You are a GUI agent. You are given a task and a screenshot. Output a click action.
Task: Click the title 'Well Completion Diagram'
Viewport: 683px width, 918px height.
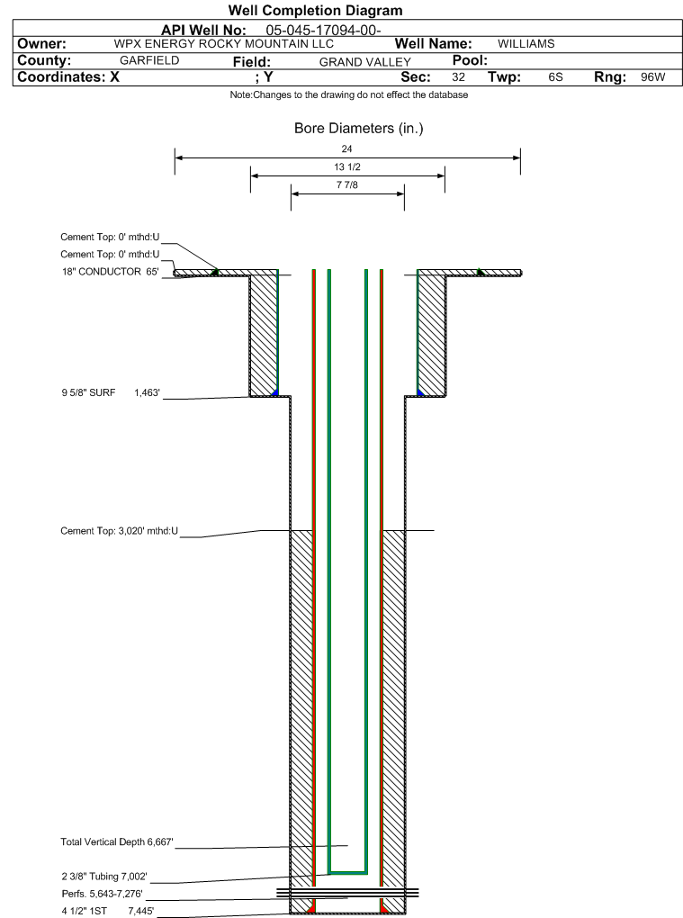point(315,11)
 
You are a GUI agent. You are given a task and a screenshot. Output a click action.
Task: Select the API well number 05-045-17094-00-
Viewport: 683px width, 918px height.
point(323,31)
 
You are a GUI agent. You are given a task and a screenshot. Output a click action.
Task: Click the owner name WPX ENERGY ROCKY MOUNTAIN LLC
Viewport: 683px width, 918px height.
point(223,44)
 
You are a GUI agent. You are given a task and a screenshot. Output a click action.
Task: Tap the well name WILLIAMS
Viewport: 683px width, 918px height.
point(526,44)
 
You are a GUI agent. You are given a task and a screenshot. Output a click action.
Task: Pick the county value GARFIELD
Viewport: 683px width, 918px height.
point(149,61)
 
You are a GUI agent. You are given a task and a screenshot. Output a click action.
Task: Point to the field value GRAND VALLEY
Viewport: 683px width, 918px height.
point(364,62)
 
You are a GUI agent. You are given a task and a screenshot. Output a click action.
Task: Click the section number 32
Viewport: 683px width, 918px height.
point(458,77)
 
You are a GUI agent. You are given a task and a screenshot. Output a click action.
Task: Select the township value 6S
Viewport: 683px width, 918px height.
point(555,77)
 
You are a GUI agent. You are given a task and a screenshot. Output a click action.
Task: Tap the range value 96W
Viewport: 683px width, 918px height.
point(652,77)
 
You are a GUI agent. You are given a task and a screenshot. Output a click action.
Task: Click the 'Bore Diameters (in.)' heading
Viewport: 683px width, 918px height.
point(358,129)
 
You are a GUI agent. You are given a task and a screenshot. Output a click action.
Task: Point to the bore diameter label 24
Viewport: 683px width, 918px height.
point(347,148)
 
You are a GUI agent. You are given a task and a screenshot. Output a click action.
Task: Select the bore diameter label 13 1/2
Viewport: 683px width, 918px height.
point(347,167)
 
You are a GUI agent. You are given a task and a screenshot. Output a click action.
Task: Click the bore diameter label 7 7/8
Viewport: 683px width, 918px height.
point(347,185)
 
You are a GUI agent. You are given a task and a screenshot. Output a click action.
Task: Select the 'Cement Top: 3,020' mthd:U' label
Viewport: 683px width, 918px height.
point(119,531)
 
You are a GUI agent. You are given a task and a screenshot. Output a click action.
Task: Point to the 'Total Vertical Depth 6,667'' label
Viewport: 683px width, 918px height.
point(116,842)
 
